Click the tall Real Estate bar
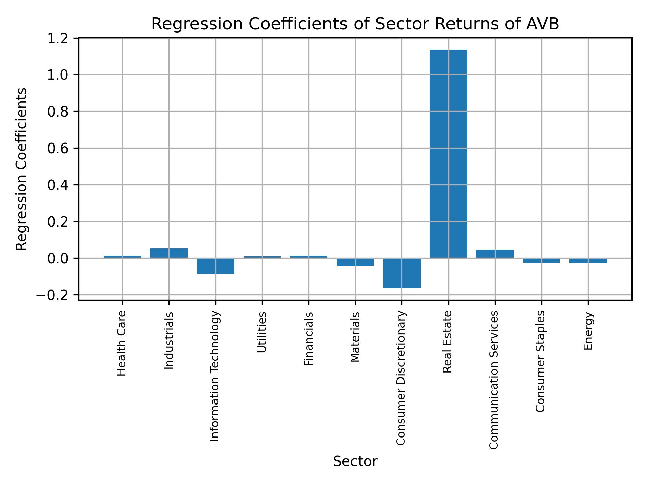(448, 154)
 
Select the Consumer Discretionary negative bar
(402, 273)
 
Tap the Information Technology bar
(215, 266)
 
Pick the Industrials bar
(169, 253)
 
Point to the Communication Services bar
(495, 254)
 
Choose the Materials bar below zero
(355, 262)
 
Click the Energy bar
(588, 261)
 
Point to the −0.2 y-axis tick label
(55, 295)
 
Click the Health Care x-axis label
(122, 343)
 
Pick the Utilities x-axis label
(262, 332)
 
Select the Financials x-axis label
(309, 339)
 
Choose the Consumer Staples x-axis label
(540, 361)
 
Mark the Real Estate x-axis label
(447, 342)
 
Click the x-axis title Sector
(355, 461)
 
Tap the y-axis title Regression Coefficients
(22, 169)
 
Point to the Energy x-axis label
(588, 331)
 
